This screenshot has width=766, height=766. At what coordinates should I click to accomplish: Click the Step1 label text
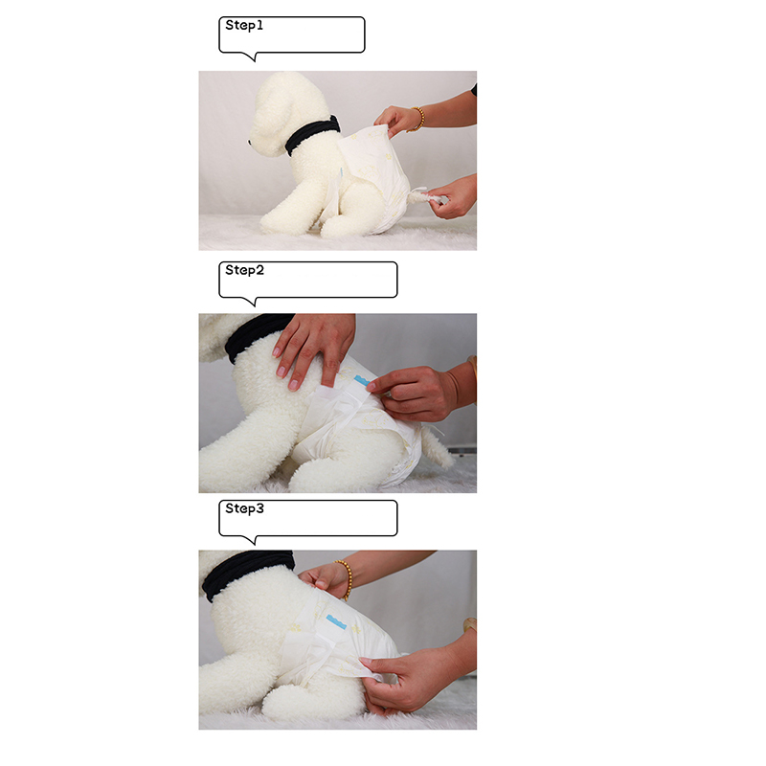244,26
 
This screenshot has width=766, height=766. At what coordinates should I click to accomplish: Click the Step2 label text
244,270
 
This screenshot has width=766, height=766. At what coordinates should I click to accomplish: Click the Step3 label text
244,508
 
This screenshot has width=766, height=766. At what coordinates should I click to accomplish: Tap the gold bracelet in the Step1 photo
417,119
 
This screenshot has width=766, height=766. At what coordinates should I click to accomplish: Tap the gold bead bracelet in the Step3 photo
345,579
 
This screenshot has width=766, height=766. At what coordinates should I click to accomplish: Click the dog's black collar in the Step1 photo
312,134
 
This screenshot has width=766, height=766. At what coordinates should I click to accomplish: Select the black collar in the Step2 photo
257,335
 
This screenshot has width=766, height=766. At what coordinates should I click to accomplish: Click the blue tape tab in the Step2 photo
361,380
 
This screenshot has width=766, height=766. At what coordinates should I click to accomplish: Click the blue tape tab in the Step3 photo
336,621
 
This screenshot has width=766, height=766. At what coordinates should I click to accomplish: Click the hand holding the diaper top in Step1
396,120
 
